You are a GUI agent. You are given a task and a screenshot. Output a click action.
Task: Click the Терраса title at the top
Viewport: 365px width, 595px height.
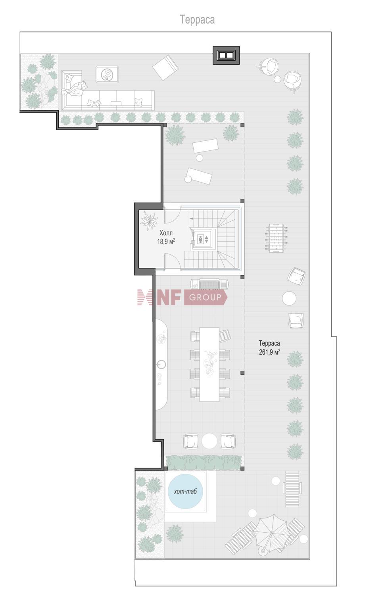(x=197, y=20)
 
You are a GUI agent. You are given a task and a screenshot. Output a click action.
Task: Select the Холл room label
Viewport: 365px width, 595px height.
(x=166, y=233)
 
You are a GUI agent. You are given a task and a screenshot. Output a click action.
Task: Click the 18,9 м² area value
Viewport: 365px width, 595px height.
(x=166, y=242)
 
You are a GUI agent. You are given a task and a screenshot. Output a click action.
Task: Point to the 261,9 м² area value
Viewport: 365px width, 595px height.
(x=269, y=352)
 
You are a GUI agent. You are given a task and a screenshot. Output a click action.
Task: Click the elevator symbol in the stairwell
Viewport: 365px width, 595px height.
(x=204, y=239)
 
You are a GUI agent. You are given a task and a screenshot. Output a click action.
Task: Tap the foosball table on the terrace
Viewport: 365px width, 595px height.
(x=276, y=238)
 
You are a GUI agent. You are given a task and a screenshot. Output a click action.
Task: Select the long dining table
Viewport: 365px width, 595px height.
(x=209, y=364)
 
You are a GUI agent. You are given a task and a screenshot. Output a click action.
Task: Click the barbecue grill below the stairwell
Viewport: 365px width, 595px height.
(x=209, y=284)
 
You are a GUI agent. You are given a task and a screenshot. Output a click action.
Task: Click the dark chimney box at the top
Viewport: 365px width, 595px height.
(x=226, y=55)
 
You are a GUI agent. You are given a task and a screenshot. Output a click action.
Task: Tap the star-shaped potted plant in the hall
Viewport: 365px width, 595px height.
(x=149, y=220)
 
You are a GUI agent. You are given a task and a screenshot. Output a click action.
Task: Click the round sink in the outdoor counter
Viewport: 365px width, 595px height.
(x=161, y=364)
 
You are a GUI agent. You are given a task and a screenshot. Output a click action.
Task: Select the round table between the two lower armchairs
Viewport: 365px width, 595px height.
(x=209, y=441)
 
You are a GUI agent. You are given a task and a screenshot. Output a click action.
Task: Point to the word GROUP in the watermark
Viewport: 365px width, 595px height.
(x=205, y=297)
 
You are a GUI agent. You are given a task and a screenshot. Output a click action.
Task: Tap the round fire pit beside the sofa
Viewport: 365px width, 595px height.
(x=108, y=75)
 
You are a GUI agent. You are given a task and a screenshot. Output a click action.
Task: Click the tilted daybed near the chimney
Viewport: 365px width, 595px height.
(x=165, y=67)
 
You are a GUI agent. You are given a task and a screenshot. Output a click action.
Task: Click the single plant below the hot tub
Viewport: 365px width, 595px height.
(x=175, y=534)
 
